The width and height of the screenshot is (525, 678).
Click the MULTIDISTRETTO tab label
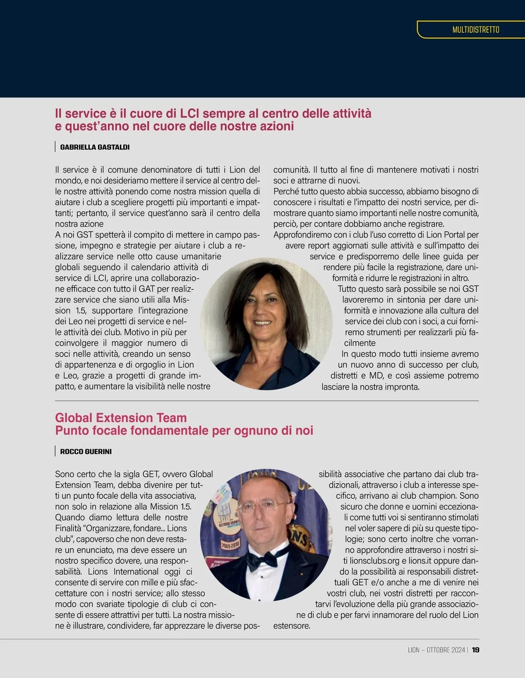[x=476, y=30]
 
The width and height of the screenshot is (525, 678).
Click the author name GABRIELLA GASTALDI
[x=95, y=147]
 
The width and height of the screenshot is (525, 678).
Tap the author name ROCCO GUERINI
[x=86, y=452]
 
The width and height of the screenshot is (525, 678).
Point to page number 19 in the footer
[x=476, y=650]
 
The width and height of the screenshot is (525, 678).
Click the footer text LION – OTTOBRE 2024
[x=436, y=650]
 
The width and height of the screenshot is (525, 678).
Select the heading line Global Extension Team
[x=121, y=418]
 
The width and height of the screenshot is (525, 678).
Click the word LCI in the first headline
[x=189, y=114]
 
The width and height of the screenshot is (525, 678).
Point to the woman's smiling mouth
[x=262, y=323]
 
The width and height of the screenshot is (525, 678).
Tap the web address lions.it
[x=420, y=561]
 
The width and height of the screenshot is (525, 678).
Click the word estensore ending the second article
[x=291, y=626]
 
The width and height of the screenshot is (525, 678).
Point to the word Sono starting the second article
[x=64, y=474]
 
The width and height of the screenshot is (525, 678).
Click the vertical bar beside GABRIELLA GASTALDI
[x=56, y=147]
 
